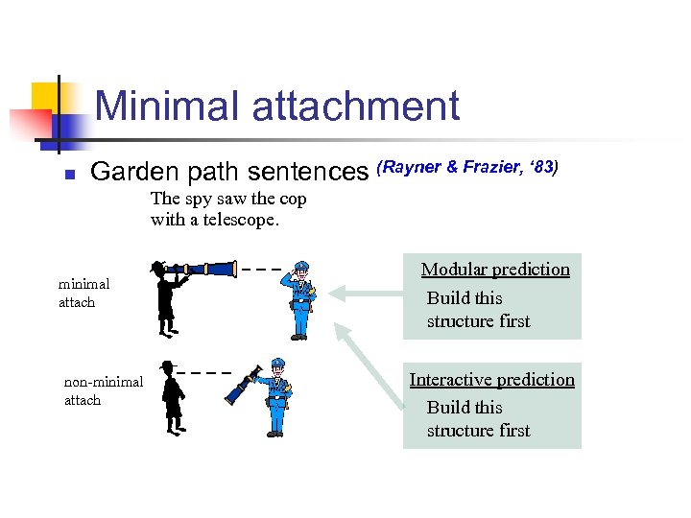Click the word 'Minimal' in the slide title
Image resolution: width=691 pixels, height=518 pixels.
point(166,106)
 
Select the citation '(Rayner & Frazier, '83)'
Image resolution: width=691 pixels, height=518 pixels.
point(467,168)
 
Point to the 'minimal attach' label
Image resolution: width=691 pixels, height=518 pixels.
point(83,293)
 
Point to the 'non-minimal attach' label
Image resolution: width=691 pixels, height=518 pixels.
point(103,390)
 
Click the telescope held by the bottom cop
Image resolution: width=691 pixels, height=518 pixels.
point(243,384)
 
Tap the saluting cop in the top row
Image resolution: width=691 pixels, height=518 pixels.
point(300,299)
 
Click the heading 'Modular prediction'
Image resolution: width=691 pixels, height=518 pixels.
point(495,270)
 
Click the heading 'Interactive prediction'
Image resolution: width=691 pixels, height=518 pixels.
point(491,379)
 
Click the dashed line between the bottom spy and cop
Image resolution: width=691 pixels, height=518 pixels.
point(204,372)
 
